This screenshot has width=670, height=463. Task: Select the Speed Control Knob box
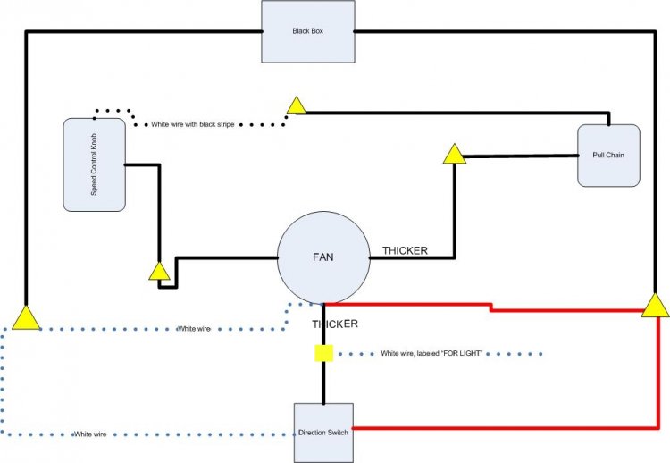pyautogui.click(x=94, y=164)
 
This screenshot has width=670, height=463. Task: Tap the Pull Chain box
pyautogui.click(x=608, y=156)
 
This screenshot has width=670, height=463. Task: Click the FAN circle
pyautogui.click(x=323, y=256)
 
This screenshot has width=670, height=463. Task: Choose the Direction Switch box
pyautogui.click(x=323, y=433)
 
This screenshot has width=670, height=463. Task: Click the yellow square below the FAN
pyautogui.click(x=323, y=353)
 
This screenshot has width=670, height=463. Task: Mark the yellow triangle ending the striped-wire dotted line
pyautogui.click(x=296, y=105)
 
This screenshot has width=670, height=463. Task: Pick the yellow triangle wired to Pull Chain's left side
pyautogui.click(x=454, y=156)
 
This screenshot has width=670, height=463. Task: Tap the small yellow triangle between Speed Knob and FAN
pyautogui.click(x=159, y=270)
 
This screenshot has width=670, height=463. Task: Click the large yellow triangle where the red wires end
pyautogui.click(x=656, y=307)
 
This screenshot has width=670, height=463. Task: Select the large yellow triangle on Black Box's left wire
pyautogui.click(x=26, y=317)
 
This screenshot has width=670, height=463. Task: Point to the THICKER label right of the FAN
pyautogui.click(x=405, y=251)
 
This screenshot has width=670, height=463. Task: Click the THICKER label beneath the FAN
pyautogui.click(x=335, y=324)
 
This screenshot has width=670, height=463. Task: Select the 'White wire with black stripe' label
pyautogui.click(x=192, y=124)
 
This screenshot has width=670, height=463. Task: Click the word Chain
pyautogui.click(x=615, y=156)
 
